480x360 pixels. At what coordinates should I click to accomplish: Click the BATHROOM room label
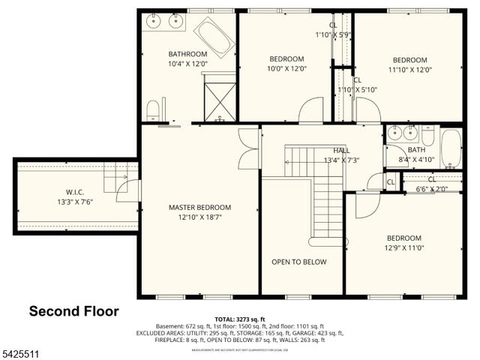pos(187,54)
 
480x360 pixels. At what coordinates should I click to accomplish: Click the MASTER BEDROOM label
pos(199,207)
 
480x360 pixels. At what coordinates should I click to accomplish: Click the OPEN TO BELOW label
pos(298,262)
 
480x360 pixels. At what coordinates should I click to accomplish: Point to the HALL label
pos(340,150)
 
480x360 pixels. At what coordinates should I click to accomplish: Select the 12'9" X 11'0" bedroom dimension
pos(403,247)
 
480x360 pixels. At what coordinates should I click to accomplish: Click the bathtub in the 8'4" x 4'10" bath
pos(450,148)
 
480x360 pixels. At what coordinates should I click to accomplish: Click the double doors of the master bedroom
pos(247,148)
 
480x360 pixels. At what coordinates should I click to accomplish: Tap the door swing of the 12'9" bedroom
pos(366,205)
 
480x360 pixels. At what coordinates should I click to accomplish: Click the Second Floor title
pos(73,310)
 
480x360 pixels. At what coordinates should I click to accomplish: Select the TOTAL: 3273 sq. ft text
pos(239,319)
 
